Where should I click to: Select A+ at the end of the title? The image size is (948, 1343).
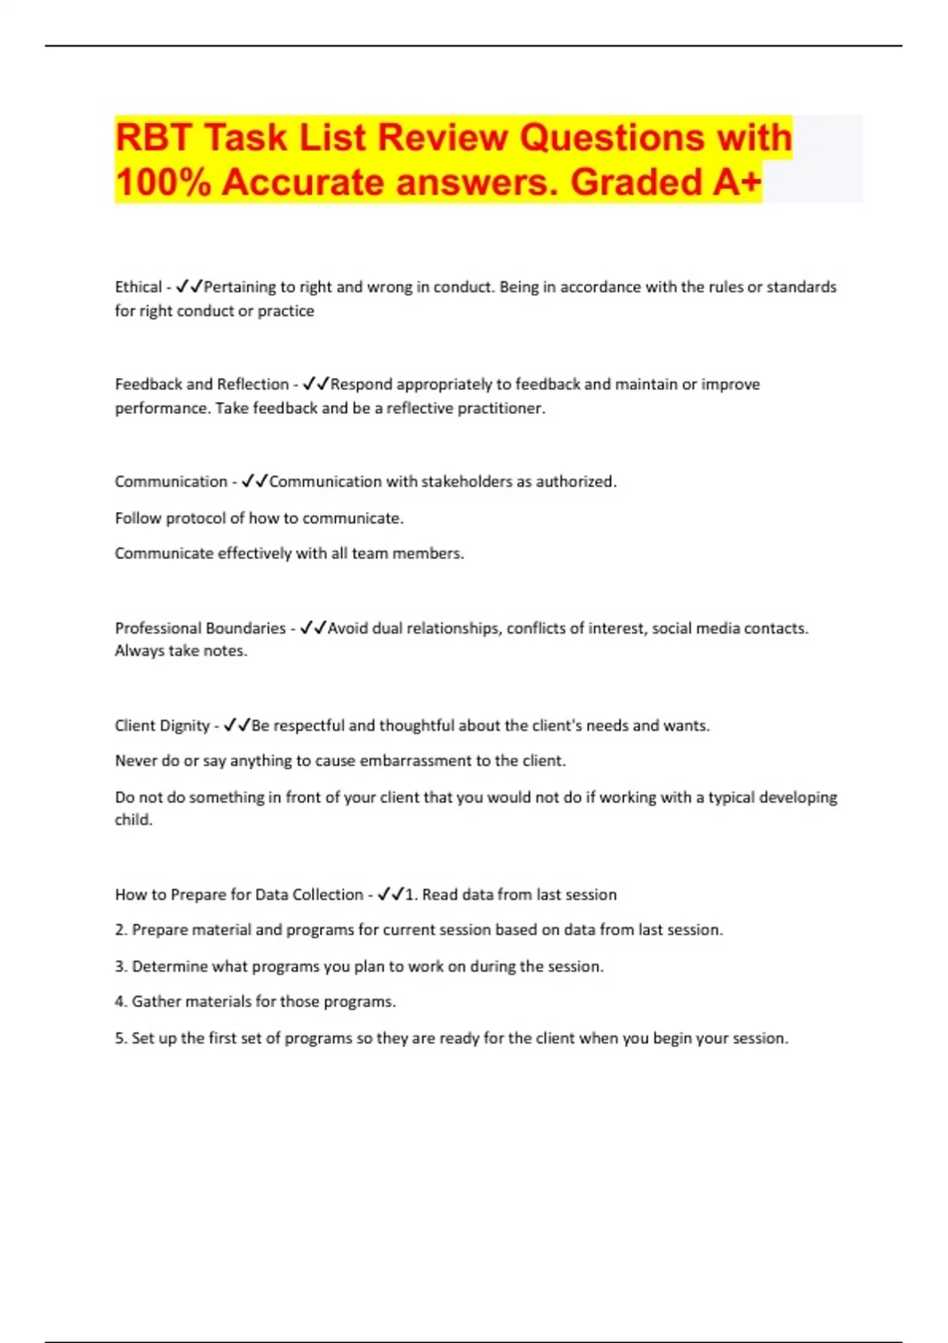coord(736,182)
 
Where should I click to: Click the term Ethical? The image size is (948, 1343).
coord(138,287)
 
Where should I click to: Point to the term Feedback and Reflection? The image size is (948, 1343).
coord(201,385)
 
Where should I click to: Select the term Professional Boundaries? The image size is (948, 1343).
coord(200,628)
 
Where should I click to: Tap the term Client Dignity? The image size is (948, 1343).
coord(162,725)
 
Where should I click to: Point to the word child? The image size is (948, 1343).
coord(133,820)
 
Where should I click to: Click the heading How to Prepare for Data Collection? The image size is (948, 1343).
coord(239,894)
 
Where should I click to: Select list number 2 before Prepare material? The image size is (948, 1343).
coord(121,930)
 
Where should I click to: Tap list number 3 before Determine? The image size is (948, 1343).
coord(121,966)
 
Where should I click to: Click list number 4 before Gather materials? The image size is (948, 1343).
coord(121,1002)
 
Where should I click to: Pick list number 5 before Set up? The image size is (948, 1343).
coord(121,1038)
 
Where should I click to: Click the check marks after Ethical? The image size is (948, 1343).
coord(190,286)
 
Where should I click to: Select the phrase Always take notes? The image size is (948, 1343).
coord(181,651)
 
